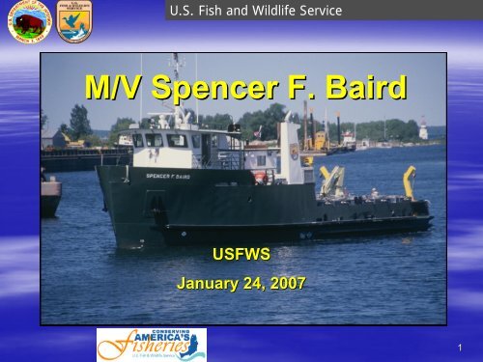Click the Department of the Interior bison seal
click(30, 24)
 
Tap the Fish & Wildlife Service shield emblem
click(73, 23)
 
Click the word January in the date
click(211, 284)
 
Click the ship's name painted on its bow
click(166, 176)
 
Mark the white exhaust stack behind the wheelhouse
click(288, 145)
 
